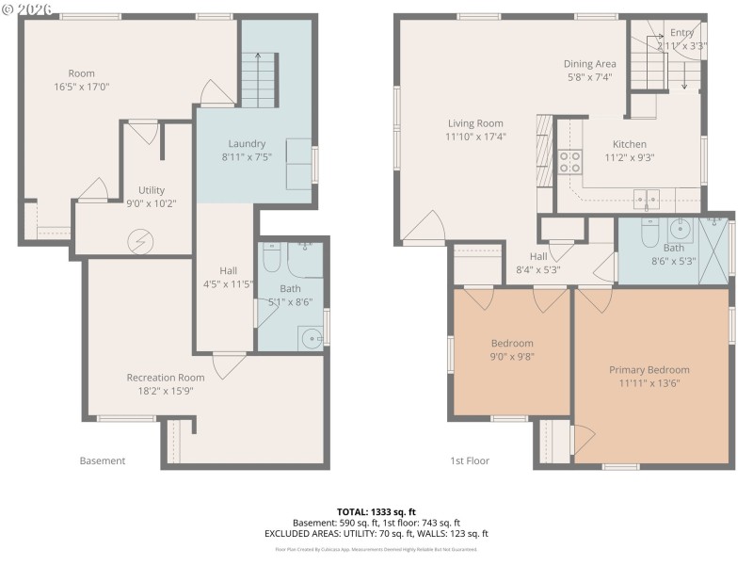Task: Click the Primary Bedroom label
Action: (x=649, y=370)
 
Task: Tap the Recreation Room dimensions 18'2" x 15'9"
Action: (x=166, y=391)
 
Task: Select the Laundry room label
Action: (x=247, y=143)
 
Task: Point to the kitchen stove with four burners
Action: (x=570, y=161)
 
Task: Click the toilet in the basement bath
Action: (x=272, y=256)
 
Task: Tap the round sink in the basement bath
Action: (x=310, y=336)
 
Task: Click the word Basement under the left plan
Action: (x=103, y=460)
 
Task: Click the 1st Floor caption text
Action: (x=470, y=460)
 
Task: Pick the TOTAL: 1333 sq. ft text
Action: (x=376, y=511)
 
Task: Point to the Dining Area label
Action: (x=589, y=64)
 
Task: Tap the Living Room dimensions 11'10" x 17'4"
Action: (x=476, y=136)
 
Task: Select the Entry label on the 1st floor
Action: (x=681, y=32)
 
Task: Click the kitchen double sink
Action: (x=646, y=198)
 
